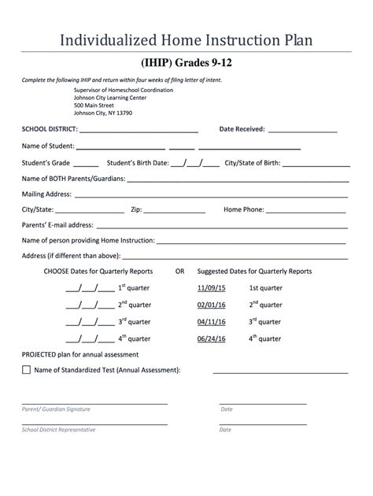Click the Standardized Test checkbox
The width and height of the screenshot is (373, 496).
27,369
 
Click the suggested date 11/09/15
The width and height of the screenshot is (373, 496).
211,288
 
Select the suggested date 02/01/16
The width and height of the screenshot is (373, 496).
211,305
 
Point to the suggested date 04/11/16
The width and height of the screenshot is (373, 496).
211,322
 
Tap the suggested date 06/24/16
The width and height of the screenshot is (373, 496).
211,339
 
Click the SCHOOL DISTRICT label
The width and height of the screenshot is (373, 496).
50,129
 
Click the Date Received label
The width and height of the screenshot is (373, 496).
242,129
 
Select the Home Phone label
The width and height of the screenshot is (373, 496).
244,209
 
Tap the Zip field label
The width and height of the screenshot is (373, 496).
136,209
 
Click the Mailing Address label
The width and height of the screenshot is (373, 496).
46,194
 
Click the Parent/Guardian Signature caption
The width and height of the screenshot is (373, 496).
56,409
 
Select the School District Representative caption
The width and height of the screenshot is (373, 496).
58,430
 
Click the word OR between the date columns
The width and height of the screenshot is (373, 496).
179,271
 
